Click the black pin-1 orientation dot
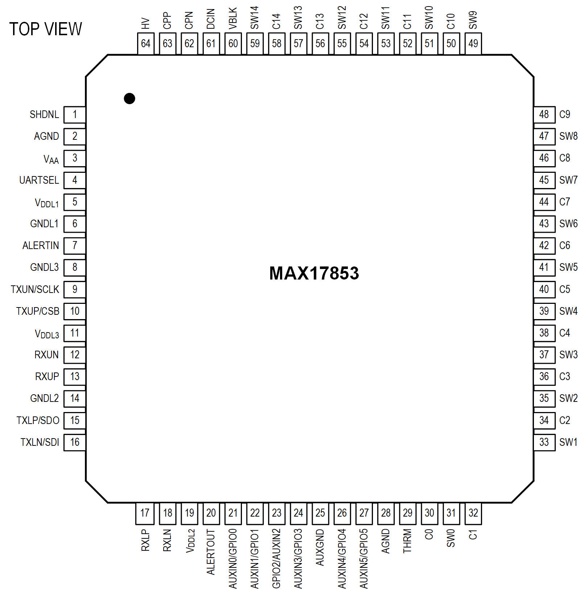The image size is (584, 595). (x=129, y=98)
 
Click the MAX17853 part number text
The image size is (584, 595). (x=314, y=273)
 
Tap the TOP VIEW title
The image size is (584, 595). (x=46, y=29)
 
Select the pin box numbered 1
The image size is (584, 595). (x=75, y=115)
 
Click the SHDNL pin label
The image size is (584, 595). (x=44, y=115)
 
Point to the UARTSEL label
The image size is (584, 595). (x=39, y=180)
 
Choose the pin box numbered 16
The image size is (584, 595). (x=75, y=442)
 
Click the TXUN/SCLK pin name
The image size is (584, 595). (x=35, y=289)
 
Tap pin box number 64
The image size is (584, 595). (x=145, y=44)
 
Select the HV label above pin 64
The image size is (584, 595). (x=145, y=24)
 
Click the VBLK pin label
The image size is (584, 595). (x=233, y=18)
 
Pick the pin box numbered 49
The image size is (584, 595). (x=473, y=44)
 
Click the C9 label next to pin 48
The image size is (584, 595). (x=564, y=115)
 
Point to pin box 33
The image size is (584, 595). (x=544, y=442)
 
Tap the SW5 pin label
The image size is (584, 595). (x=568, y=268)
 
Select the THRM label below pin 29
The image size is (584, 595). (x=407, y=541)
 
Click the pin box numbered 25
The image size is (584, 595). (x=320, y=513)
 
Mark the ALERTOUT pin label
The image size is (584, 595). (x=211, y=552)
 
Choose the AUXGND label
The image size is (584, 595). (x=320, y=547)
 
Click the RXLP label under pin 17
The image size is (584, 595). (x=145, y=540)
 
